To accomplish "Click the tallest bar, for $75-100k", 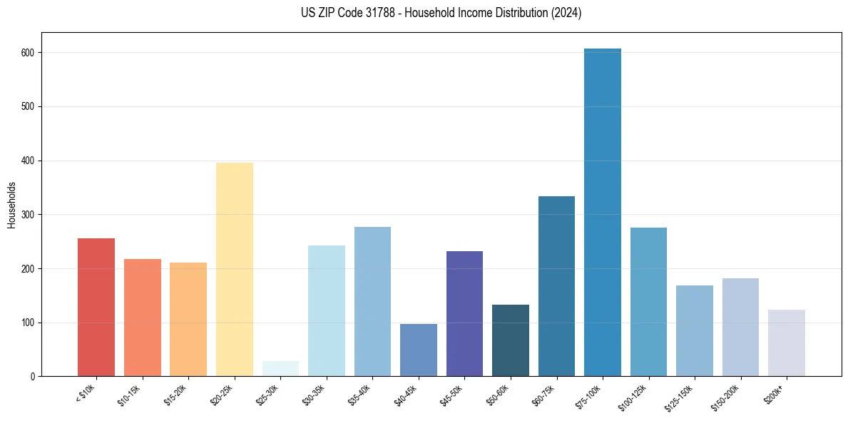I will pos(602,214).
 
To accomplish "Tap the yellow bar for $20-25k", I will pos(235,271).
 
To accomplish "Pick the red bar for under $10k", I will pos(96,307).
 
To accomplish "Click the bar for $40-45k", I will pos(418,350).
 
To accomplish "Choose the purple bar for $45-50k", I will pos(464,314).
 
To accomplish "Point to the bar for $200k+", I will pos(786,343).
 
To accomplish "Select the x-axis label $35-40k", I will pos(360,395).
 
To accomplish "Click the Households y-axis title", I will pos(12,204).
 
